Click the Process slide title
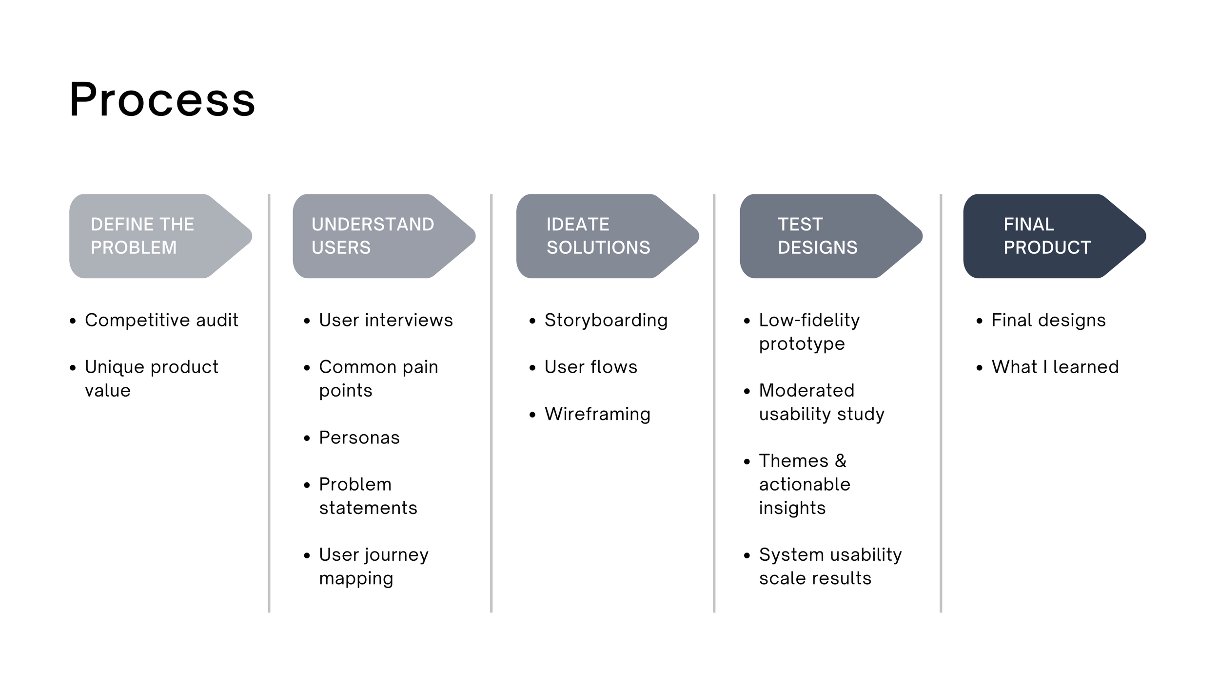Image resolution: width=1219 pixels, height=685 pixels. (162, 100)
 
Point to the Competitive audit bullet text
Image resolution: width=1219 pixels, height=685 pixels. (161, 320)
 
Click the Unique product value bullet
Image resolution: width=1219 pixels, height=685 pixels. (151, 379)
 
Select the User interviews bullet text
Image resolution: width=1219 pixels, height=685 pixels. (386, 320)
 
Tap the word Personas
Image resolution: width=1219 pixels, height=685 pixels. (359, 438)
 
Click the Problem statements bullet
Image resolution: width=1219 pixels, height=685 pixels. (368, 496)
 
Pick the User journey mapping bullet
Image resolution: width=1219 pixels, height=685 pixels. (374, 566)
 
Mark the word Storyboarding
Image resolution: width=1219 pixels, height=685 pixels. (606, 320)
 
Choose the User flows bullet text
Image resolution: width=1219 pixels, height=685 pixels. (590, 367)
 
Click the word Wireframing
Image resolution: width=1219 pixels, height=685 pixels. (597, 414)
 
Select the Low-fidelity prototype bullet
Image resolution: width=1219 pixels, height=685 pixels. (809, 332)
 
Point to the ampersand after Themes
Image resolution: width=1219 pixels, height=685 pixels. (841, 461)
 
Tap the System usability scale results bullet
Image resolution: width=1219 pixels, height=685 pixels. (830, 566)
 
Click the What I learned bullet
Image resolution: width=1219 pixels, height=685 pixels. (1055, 367)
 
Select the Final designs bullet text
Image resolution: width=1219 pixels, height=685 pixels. (1048, 320)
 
